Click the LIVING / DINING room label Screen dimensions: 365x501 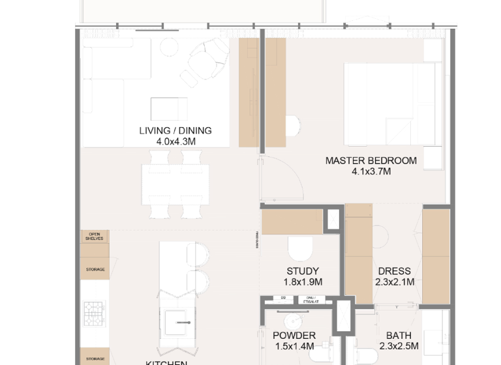point(175,130)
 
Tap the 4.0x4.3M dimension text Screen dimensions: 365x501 point(175,141)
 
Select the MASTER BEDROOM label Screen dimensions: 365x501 point(371,161)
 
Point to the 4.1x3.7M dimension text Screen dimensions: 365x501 point(371,172)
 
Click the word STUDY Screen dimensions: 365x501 point(303,271)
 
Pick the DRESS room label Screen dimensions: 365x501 point(394,271)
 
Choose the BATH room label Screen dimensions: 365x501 point(399,336)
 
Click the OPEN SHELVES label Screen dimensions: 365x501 point(95,237)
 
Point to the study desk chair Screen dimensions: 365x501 point(301,248)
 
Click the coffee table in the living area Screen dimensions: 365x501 point(168,108)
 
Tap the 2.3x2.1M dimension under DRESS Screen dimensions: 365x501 point(394,282)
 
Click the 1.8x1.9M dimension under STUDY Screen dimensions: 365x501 point(303,282)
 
